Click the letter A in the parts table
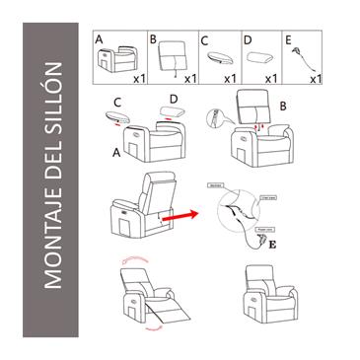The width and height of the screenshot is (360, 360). pos(100,39)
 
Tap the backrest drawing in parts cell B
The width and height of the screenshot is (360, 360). pos(174,55)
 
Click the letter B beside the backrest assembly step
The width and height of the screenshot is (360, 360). pos(282,104)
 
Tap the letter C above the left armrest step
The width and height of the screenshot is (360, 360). pos(117,101)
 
